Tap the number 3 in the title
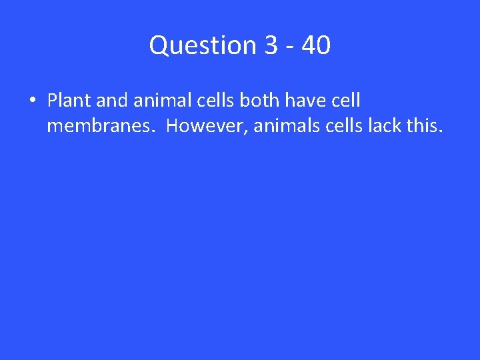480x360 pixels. pos(271,45)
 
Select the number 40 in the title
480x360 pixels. pos(315,45)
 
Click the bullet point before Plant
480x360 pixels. pos(32,101)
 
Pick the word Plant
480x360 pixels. pos(69,101)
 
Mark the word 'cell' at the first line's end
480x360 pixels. pos(347,101)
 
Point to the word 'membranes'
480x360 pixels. pos(100,125)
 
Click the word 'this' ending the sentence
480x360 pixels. pos(423,125)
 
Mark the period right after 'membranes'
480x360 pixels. pos(156,129)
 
